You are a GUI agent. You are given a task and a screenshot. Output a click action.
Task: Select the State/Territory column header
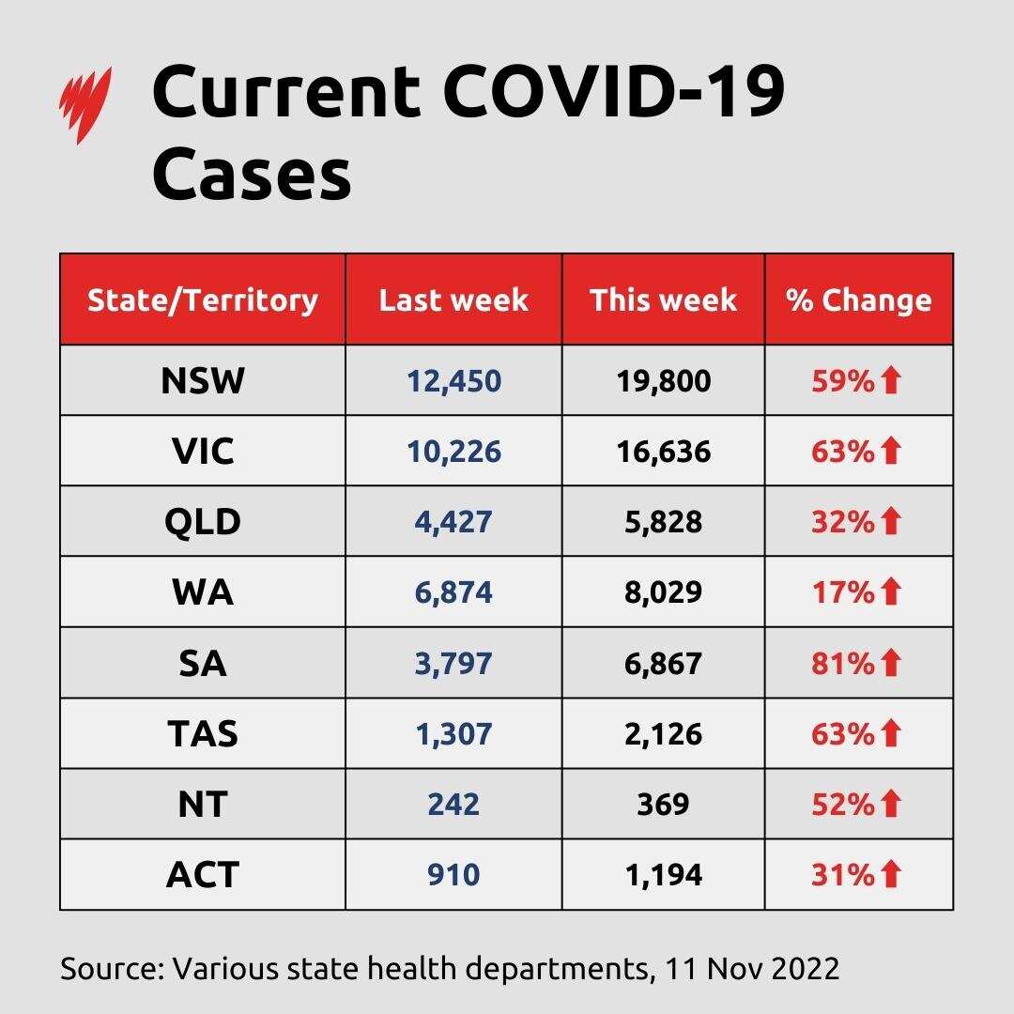tap(202, 300)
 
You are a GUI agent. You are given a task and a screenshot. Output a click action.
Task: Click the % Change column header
tap(859, 300)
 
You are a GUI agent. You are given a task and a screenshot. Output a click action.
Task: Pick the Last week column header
tap(453, 300)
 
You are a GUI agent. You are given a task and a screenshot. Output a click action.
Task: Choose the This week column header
tap(663, 300)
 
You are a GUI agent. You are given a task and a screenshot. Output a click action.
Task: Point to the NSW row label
tap(202, 381)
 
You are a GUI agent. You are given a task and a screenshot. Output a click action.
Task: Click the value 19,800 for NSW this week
tap(663, 381)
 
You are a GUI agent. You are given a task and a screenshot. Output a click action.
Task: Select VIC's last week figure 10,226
tap(453, 452)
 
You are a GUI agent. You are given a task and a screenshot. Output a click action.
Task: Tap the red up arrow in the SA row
tap(891, 663)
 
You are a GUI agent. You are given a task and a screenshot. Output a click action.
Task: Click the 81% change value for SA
tap(842, 663)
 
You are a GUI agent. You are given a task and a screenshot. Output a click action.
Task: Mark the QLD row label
tap(202, 522)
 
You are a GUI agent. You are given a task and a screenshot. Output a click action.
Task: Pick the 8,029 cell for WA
tap(663, 592)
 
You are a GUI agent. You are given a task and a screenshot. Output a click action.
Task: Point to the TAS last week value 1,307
tap(453, 733)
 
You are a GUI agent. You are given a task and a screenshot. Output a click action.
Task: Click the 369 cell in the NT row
tap(663, 804)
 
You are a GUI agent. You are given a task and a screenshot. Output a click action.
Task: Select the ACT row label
tap(202, 874)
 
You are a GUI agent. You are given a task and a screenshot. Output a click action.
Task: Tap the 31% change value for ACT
tap(842, 874)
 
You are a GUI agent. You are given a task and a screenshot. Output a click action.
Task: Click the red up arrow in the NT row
tap(891, 804)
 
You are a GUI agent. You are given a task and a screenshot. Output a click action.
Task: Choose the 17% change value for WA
tap(842, 592)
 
